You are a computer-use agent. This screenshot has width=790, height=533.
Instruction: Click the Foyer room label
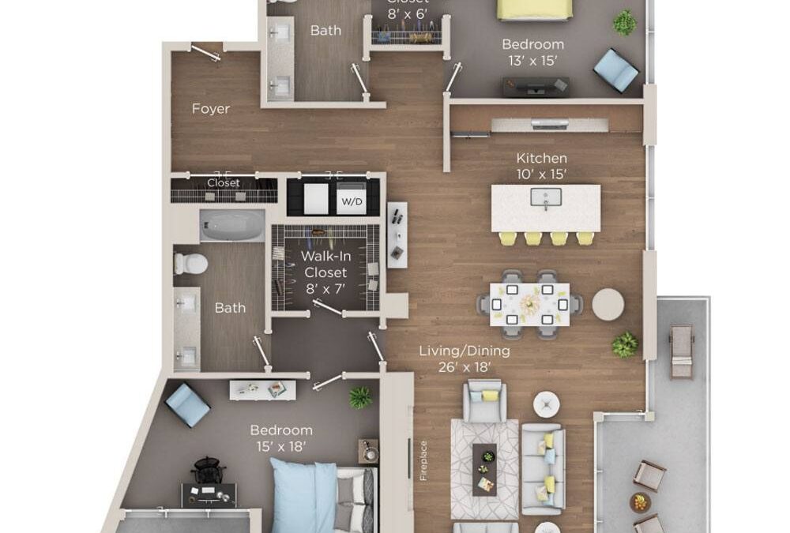[211, 109]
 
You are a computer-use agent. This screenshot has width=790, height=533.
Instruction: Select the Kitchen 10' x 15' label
[541, 165]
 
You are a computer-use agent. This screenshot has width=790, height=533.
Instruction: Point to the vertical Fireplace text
[423, 461]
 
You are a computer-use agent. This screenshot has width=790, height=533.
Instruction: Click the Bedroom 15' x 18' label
[281, 437]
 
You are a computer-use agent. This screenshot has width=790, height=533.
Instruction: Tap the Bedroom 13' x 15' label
[532, 51]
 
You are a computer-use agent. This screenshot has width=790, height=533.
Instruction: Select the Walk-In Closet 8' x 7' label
[325, 272]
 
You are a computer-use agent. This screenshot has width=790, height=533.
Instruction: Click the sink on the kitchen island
[545, 197]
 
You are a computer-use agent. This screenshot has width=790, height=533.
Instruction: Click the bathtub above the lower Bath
[231, 225]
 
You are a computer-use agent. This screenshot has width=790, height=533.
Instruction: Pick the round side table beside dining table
[608, 305]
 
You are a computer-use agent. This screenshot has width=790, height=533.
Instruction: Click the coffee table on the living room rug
[484, 468]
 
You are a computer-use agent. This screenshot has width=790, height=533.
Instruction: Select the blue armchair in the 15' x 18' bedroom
[187, 404]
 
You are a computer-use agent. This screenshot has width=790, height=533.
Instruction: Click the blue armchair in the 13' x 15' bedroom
[616, 69]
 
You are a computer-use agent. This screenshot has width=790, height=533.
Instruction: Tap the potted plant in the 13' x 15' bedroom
[625, 21]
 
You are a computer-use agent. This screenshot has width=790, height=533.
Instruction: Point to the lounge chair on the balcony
[680, 351]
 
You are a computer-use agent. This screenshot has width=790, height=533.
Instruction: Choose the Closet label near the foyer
[223, 183]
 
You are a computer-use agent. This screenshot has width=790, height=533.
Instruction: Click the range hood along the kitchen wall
[549, 124]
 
